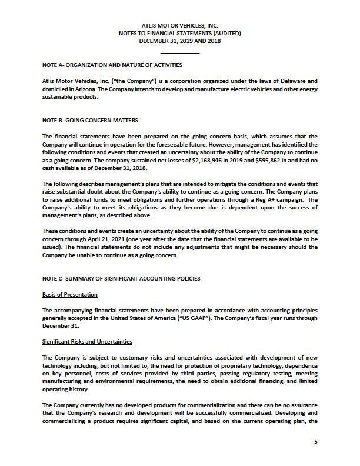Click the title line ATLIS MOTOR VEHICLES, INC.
point(180,26)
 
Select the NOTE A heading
point(112,65)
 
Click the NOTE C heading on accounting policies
point(121,278)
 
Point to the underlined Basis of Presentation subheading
point(70,294)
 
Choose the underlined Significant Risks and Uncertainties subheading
point(87,342)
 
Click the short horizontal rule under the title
point(180,54)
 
